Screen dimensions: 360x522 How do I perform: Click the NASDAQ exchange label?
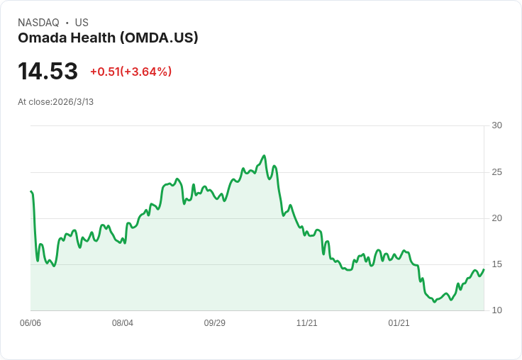point(38,23)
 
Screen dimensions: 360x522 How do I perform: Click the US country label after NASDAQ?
point(82,23)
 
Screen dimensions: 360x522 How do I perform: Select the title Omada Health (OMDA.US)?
point(108,38)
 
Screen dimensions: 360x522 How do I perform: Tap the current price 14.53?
point(48,72)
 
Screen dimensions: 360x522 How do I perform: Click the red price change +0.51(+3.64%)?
point(130,72)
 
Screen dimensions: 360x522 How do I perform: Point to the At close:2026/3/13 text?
point(55,102)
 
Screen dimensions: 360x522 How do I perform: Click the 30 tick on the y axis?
point(496,125)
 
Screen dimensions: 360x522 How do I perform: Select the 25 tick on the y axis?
point(496,172)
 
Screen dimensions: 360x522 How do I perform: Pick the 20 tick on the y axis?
point(496,218)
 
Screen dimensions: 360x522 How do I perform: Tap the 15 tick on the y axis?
point(496,264)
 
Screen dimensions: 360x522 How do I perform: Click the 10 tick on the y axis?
point(496,310)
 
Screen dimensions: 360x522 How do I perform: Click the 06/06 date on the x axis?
point(30,323)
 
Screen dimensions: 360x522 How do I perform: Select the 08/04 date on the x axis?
point(123,323)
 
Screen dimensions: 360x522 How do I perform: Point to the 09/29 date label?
point(215,323)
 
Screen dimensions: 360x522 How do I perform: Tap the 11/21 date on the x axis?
point(307,323)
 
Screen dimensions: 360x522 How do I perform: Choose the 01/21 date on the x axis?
point(399,323)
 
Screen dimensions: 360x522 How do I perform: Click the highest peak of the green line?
point(264,156)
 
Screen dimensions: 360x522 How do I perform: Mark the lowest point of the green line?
point(434,302)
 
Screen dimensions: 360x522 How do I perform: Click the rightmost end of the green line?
point(484,269)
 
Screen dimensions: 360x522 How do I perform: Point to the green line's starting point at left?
point(31,191)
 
